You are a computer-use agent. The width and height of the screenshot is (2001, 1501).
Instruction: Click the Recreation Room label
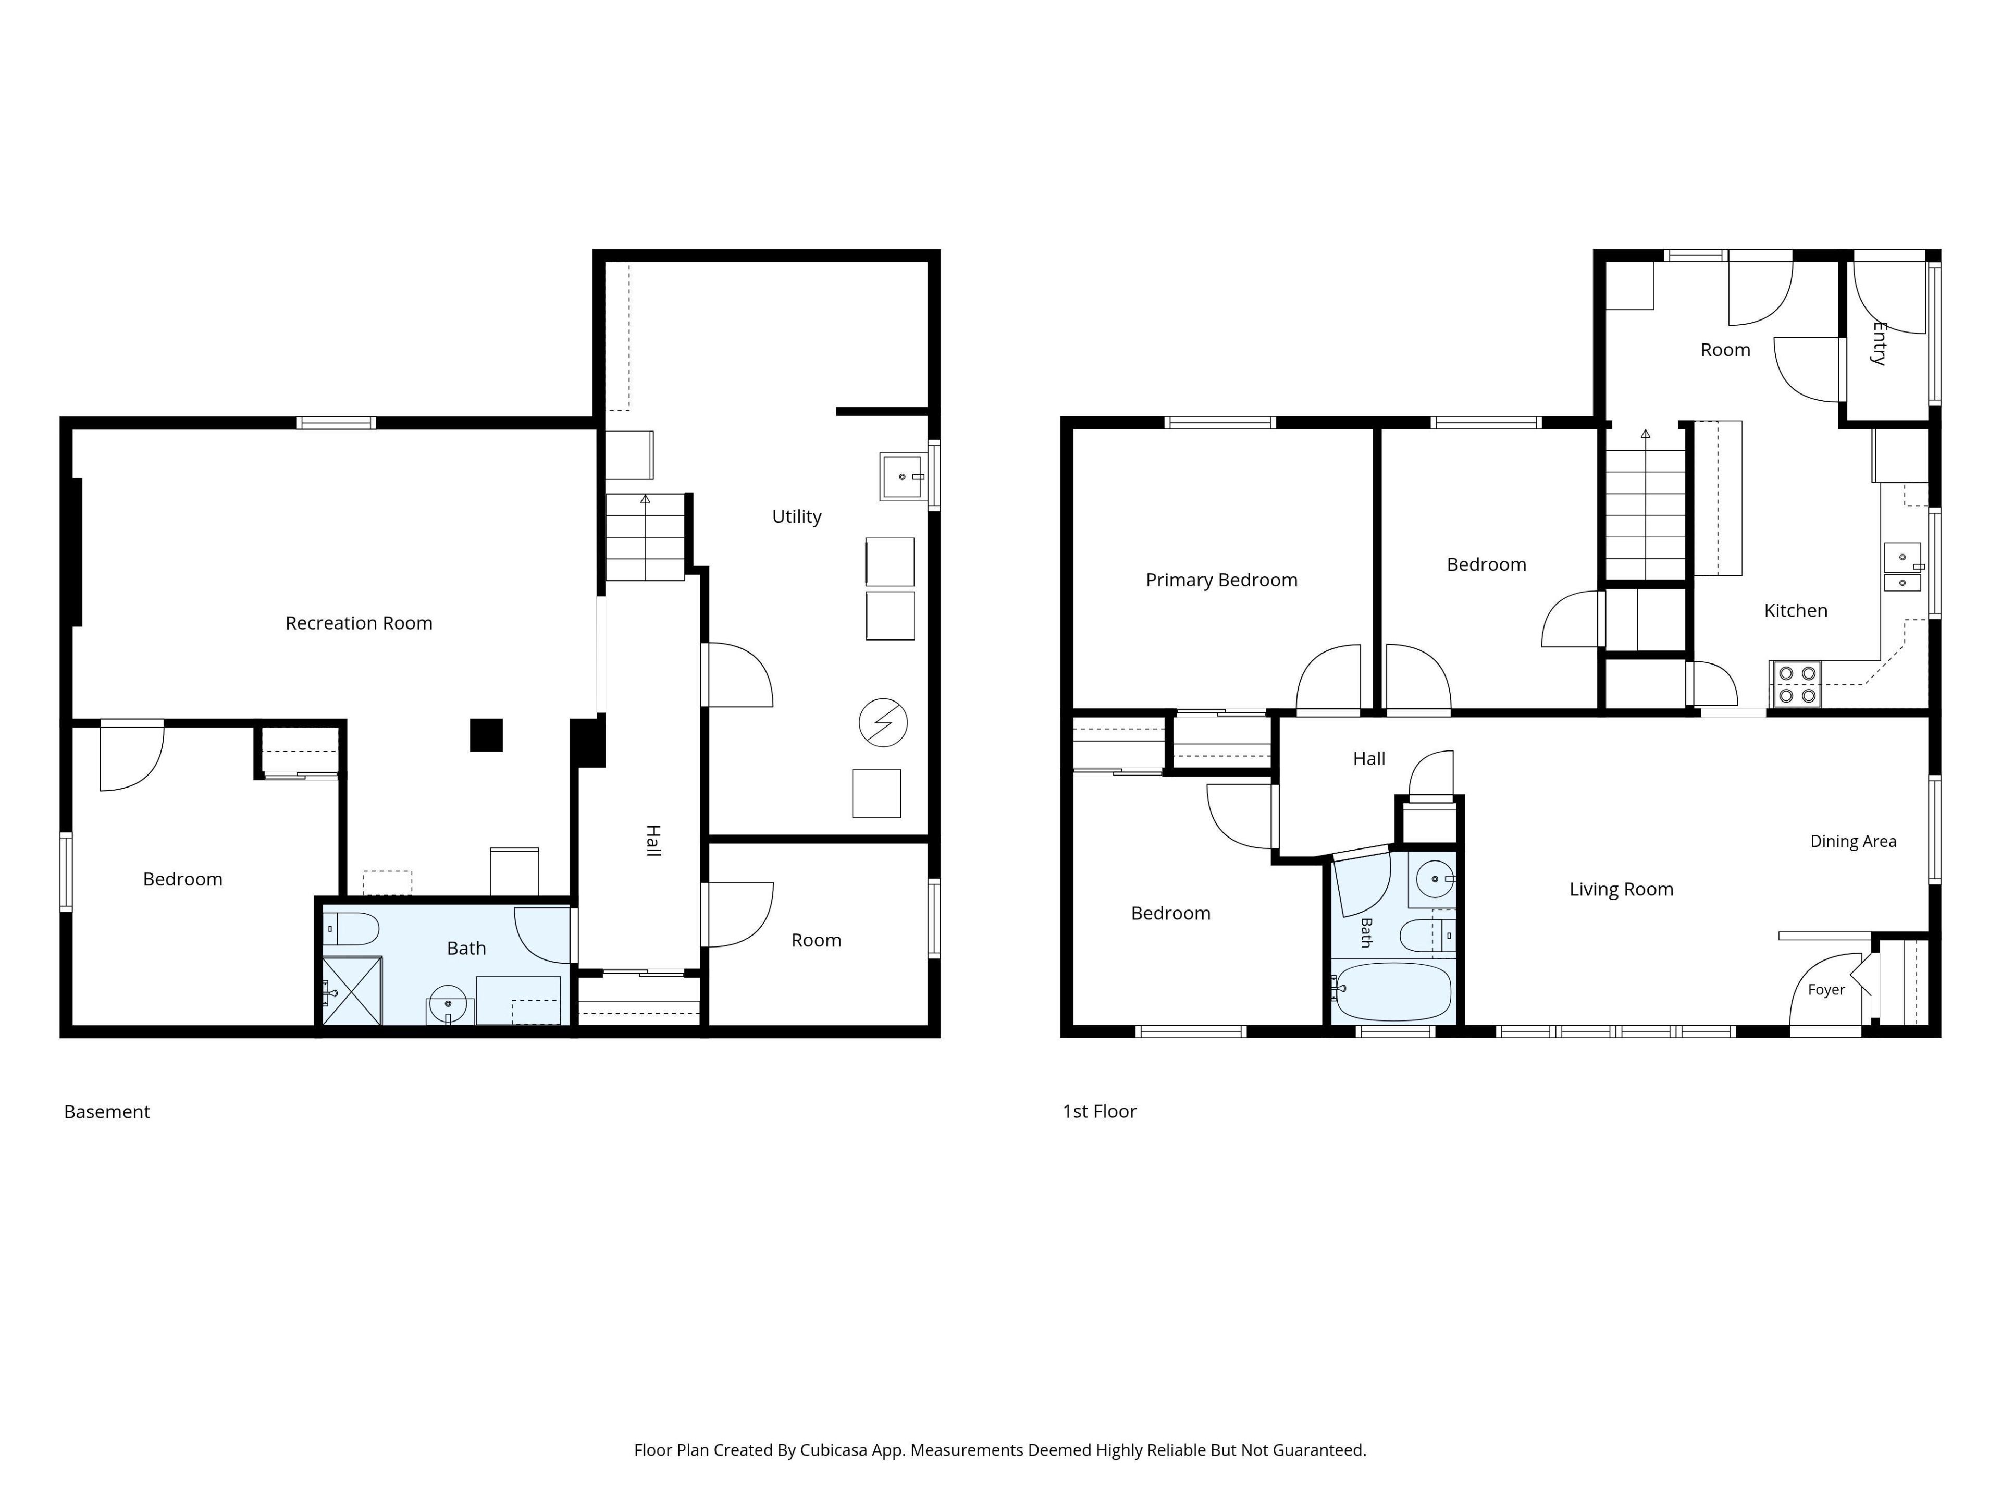(x=359, y=623)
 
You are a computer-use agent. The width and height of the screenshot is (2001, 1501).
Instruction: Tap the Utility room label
(x=797, y=516)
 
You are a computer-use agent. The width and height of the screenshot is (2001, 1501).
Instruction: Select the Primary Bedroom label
(x=1221, y=580)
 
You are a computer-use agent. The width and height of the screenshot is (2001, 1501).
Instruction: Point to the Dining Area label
(x=1852, y=841)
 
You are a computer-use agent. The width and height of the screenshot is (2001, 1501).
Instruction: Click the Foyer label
(x=1825, y=990)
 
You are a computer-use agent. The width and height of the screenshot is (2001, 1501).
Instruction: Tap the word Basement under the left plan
(x=107, y=1112)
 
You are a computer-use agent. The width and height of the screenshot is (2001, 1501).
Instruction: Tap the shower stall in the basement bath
(x=352, y=991)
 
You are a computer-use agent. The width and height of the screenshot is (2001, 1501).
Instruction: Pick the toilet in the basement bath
(x=351, y=929)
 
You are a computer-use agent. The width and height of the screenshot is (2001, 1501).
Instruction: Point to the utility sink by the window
(x=903, y=477)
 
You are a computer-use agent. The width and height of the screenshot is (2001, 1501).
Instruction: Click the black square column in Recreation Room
(x=486, y=735)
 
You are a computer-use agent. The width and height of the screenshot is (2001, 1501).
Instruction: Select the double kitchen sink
(x=1903, y=567)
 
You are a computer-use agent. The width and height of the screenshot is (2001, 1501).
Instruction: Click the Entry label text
(x=1879, y=344)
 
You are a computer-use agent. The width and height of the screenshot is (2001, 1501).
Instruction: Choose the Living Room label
(x=1621, y=889)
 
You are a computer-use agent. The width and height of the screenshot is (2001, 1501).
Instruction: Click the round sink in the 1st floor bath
(x=1434, y=879)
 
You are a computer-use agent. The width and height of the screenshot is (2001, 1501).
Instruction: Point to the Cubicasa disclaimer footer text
(x=999, y=1450)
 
